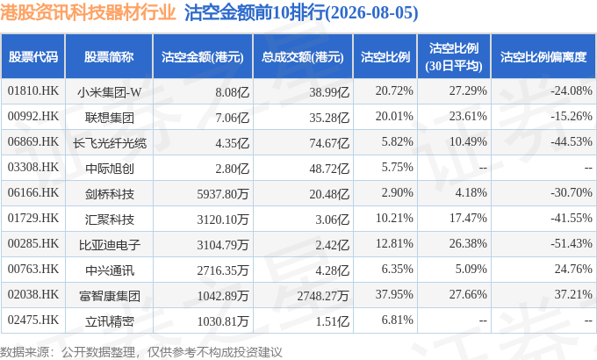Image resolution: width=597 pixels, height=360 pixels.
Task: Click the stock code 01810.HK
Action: [33, 91]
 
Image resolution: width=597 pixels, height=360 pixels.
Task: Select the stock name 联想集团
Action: [109, 118]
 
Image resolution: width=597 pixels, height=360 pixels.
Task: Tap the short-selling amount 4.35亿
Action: [233, 143]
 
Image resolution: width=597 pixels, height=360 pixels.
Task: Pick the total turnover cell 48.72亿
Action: [329, 169]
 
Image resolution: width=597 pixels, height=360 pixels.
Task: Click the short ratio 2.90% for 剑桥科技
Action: [397, 193]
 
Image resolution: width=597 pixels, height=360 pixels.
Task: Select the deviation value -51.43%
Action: [572, 243]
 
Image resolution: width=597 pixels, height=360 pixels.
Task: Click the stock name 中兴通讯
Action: [109, 270]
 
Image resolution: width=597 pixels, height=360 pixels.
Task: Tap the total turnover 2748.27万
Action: [323, 296]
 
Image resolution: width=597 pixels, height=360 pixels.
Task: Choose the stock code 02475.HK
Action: [33, 320]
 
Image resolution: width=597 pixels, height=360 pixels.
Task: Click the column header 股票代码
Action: [33, 57]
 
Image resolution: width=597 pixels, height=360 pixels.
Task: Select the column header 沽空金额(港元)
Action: [203, 57]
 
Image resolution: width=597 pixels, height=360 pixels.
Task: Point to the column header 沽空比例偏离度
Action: [543, 57]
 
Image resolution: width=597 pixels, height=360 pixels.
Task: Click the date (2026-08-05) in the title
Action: [371, 12]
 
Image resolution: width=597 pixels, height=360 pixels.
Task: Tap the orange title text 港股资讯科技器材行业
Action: [88, 12]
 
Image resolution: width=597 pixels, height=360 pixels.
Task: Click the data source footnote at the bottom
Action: [141, 351]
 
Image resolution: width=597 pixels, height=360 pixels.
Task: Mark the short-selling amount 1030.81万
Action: [223, 321]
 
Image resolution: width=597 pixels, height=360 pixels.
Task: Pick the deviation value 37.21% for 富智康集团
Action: [573, 294]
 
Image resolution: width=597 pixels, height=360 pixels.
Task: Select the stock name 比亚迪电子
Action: [109, 245]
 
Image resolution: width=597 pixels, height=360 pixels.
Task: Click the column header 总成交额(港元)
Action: [303, 57]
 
